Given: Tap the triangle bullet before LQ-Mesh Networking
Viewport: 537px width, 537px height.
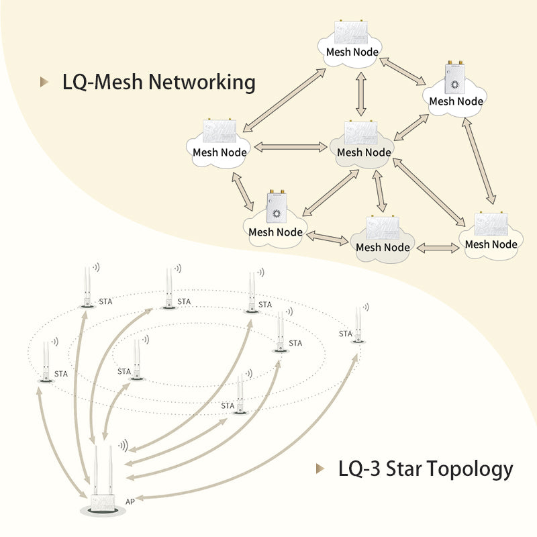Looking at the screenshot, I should (x=45, y=83).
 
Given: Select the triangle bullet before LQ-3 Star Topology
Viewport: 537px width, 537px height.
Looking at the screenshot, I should (x=320, y=469).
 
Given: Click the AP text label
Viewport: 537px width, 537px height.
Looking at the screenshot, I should (x=130, y=501).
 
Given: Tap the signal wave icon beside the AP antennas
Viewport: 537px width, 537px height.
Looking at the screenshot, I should (x=123, y=445).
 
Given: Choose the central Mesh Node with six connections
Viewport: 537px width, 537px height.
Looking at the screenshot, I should (x=363, y=144).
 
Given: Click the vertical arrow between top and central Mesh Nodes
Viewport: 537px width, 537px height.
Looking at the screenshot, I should (x=361, y=94).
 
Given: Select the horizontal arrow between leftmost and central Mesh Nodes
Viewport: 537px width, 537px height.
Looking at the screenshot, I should (x=287, y=146).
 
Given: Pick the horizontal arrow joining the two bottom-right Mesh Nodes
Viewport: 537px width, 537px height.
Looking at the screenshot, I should (x=438, y=248).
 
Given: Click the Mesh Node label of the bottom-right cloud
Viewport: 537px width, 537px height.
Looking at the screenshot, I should (x=491, y=244).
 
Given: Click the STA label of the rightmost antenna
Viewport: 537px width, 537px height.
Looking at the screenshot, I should (x=345, y=334).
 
